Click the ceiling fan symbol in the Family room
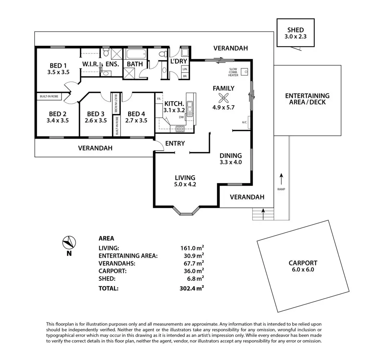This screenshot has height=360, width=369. coord(223,98)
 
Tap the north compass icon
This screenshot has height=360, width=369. coord(69,242)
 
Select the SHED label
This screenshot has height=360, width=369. coord(295,30)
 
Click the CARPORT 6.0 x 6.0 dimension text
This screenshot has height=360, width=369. coord(303,270)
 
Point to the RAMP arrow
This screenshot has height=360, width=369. coord(281,179)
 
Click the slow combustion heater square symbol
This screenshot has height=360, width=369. coord(245,72)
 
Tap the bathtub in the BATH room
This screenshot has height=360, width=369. coord(136,54)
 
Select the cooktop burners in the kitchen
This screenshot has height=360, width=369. coord(180,129)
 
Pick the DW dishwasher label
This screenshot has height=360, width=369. coord(181,117)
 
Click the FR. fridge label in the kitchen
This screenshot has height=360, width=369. coord(159,99)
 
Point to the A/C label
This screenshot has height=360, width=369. coord(244,122)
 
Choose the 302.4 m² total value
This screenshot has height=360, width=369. coord(192,288)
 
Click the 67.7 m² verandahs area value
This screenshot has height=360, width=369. coord(194,264)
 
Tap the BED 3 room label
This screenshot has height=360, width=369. coord(95,114)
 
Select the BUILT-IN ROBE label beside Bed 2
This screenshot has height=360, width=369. coord(49,96)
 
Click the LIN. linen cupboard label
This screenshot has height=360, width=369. coord(185,69)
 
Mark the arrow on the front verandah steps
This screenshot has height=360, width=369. coord(263,214)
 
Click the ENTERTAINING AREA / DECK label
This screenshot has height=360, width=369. coord(307,99)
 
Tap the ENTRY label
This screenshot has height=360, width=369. coord(175,143)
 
